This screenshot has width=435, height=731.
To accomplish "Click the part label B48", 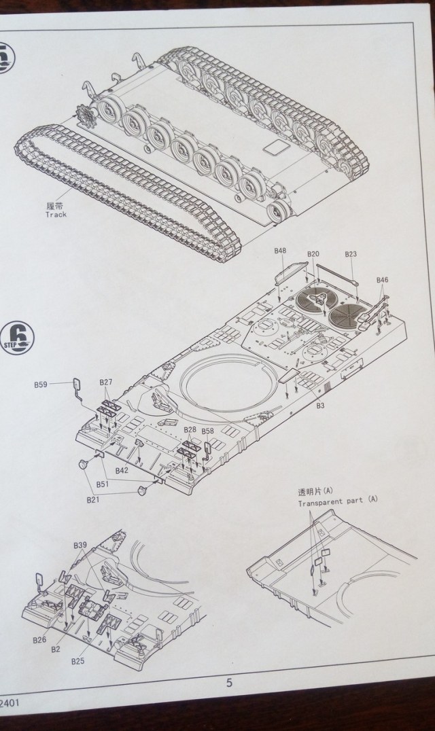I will point(280,251).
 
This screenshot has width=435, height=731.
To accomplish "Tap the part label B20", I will point(313,254).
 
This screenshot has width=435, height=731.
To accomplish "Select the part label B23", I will point(351,254).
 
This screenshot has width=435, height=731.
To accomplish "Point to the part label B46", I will point(382,280).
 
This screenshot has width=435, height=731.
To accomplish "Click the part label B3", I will point(320,406).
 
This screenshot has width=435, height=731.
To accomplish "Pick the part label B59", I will point(41,385).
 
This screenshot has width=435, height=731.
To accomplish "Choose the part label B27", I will point(106,382).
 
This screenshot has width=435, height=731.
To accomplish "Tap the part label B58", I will point(208,431).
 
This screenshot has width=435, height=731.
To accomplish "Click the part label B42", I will point(122,470).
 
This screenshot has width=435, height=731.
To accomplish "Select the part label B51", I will point(102,484).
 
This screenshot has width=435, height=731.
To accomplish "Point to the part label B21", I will point(92,499).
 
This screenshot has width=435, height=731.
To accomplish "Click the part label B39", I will point(80,546).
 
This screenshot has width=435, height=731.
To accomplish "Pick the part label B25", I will point(77,661).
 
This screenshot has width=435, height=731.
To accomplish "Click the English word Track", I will point(56,215).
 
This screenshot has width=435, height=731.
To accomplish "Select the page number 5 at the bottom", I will point(229,683).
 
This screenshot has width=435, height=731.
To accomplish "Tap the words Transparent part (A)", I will point(337,503).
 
